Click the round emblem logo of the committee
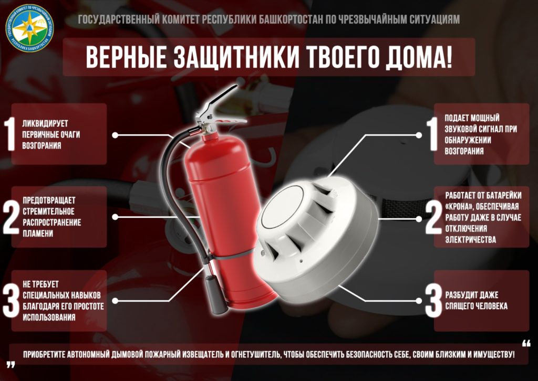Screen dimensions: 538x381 point(29,28)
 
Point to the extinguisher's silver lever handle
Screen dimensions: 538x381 point(220,103)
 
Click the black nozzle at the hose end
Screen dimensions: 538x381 point(216,294)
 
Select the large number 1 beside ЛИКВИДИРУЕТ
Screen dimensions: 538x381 point(9,134)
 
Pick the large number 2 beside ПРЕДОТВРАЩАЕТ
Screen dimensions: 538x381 point(11,217)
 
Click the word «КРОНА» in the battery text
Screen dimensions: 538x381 point(459,207)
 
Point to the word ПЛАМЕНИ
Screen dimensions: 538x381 point(38,234)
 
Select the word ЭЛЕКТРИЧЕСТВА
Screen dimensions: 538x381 point(470,239)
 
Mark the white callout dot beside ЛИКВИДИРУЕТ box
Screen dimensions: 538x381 point(115,135)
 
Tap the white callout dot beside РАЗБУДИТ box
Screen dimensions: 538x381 point(419,301)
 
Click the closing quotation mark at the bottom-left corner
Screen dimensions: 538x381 point(11,365)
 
